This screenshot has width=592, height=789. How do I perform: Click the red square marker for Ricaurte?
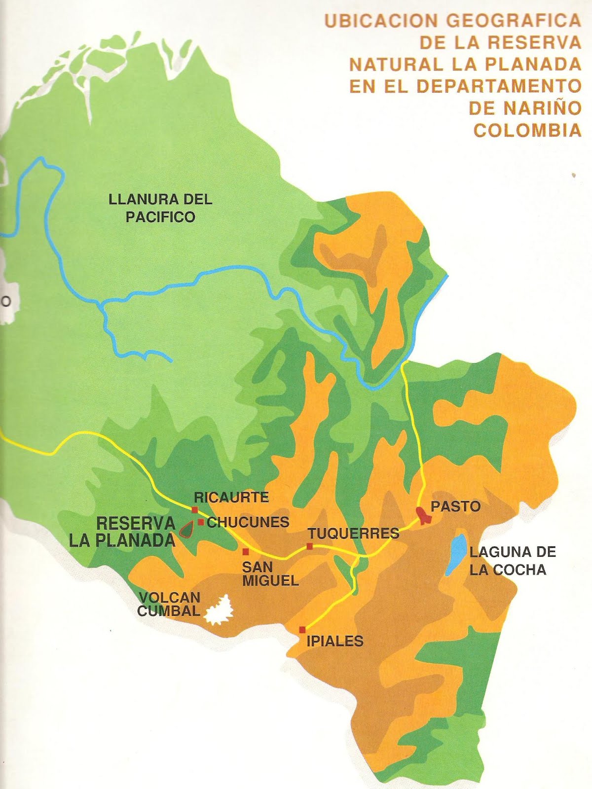point(195,510)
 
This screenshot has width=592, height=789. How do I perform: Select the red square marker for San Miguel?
point(245,552)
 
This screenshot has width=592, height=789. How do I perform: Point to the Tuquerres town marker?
point(309,546)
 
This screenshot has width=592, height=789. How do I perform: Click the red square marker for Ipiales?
point(302,630)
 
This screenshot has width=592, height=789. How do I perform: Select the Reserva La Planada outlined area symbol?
point(186,530)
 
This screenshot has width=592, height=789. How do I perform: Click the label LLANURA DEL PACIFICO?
point(160,208)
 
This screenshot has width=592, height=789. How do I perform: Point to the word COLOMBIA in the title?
point(527,130)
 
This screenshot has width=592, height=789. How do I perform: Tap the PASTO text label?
point(455,506)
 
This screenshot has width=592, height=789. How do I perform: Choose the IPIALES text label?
point(335,641)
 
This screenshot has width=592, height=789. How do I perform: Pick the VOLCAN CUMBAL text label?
point(169,604)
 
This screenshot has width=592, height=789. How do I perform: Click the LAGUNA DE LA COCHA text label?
point(512,561)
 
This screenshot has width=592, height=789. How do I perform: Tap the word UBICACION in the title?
point(381,21)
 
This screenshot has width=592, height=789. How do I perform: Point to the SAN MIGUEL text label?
point(270,574)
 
